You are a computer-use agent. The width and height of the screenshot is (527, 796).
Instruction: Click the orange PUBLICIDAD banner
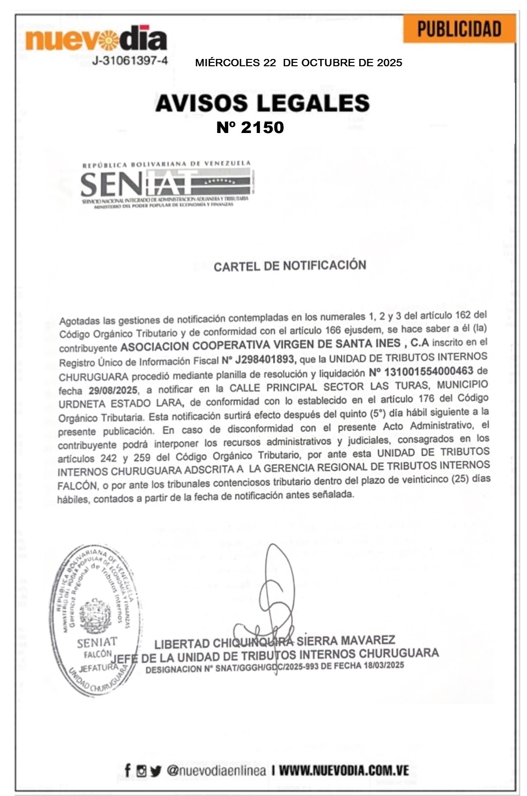[459, 29]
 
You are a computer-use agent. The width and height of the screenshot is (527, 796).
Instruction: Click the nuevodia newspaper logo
[96, 39]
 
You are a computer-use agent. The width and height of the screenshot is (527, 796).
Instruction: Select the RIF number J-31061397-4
[130, 61]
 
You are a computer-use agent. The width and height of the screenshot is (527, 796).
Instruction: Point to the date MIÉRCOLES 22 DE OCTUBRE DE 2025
[298, 63]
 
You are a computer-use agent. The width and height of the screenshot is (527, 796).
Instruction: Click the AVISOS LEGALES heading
[262, 103]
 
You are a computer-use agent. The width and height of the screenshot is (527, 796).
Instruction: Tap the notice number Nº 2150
[250, 128]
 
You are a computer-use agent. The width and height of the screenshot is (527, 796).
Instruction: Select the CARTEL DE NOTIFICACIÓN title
[290, 266]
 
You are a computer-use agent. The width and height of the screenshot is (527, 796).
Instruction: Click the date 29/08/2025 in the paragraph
[113, 391]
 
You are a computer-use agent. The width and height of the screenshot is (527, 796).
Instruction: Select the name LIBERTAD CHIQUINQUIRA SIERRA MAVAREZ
[274, 642]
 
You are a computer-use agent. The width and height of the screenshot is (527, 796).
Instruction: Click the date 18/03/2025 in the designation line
[384, 665]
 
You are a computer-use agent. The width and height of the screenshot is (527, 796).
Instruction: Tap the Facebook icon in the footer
[128, 770]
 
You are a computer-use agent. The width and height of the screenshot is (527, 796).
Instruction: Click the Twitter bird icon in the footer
[156, 771]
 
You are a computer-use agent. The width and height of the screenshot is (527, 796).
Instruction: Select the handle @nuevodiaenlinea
[216, 771]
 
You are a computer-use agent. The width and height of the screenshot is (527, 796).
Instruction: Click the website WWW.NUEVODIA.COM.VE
[344, 771]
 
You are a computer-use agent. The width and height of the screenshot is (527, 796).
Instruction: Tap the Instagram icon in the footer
[141, 771]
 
